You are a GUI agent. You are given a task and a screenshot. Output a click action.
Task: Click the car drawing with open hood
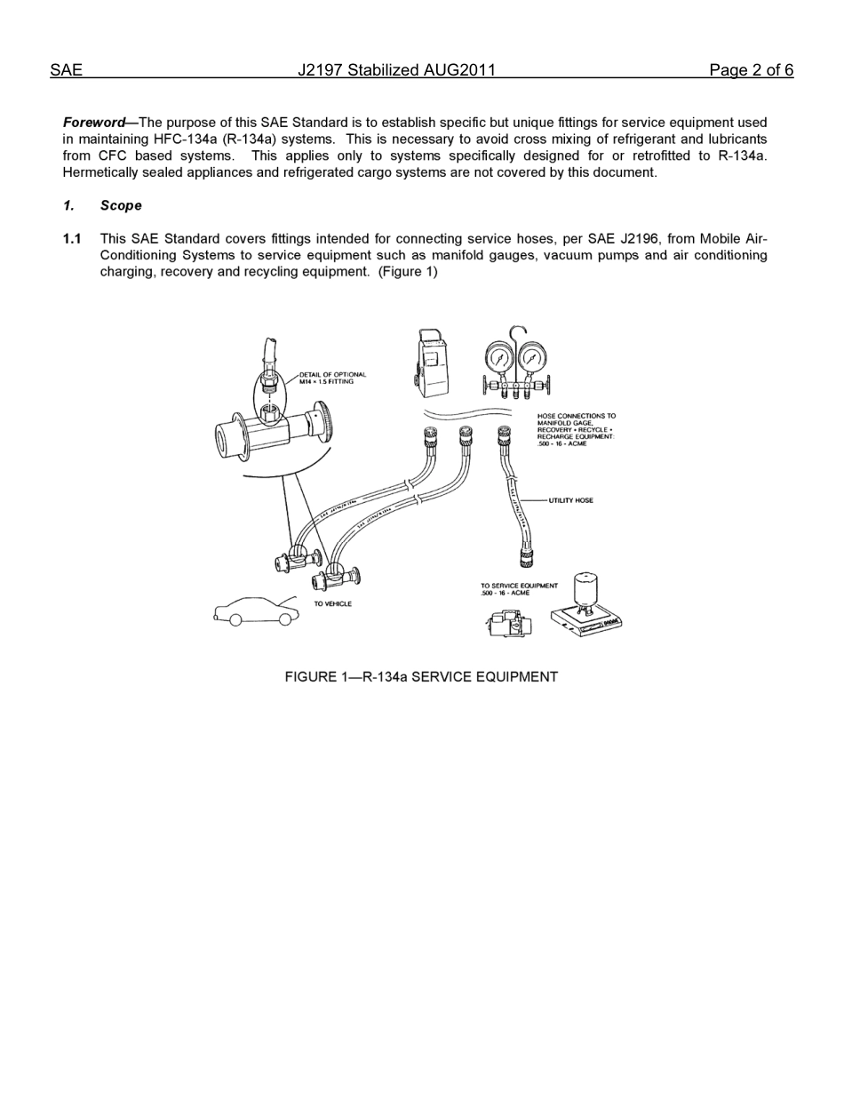256,611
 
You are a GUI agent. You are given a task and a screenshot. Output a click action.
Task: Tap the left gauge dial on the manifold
500,359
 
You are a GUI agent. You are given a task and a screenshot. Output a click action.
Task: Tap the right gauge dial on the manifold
532,359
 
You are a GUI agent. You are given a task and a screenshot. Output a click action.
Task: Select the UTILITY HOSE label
570,500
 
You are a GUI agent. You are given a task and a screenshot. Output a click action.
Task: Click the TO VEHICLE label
332,604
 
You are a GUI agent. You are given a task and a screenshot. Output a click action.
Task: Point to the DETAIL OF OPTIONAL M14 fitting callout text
331,378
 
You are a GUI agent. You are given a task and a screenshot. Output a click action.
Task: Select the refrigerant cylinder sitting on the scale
585,591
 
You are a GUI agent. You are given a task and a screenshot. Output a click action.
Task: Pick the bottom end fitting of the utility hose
526,558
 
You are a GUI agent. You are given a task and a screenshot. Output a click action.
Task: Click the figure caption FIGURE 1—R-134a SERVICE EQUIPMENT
421,677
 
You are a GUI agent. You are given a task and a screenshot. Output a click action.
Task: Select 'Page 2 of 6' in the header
751,70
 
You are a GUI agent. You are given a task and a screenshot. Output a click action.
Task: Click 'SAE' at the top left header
66,70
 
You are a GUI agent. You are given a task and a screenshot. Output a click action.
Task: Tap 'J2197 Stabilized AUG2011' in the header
396,70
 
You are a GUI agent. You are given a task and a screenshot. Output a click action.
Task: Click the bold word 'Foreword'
93,123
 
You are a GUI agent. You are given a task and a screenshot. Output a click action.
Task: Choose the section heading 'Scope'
121,205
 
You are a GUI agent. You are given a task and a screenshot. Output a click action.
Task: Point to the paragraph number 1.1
72,239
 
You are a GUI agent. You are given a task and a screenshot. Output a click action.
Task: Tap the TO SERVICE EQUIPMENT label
519,589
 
